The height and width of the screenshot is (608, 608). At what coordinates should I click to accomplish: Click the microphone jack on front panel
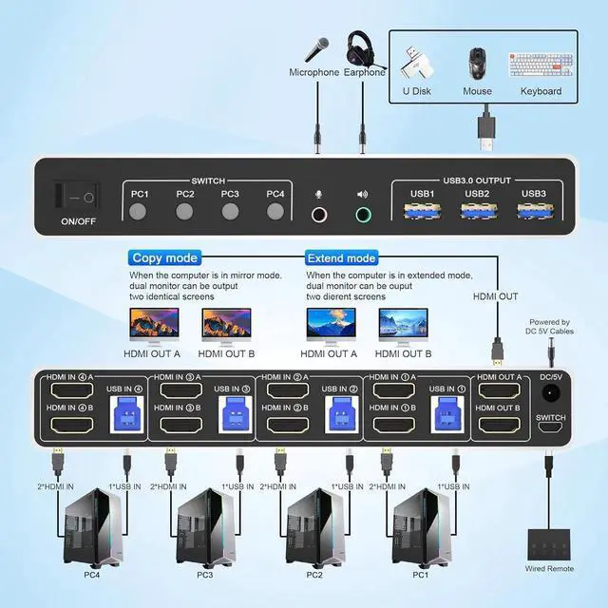coord(319,216)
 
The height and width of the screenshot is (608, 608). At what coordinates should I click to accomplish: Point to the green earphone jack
coord(363,216)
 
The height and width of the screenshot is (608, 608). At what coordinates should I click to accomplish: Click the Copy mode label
coord(164,257)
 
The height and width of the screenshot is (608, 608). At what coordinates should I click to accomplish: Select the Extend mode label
coord(341,257)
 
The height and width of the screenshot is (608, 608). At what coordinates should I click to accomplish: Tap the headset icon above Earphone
coord(362,47)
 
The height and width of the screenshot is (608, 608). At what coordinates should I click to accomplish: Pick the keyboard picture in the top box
coord(541,65)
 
